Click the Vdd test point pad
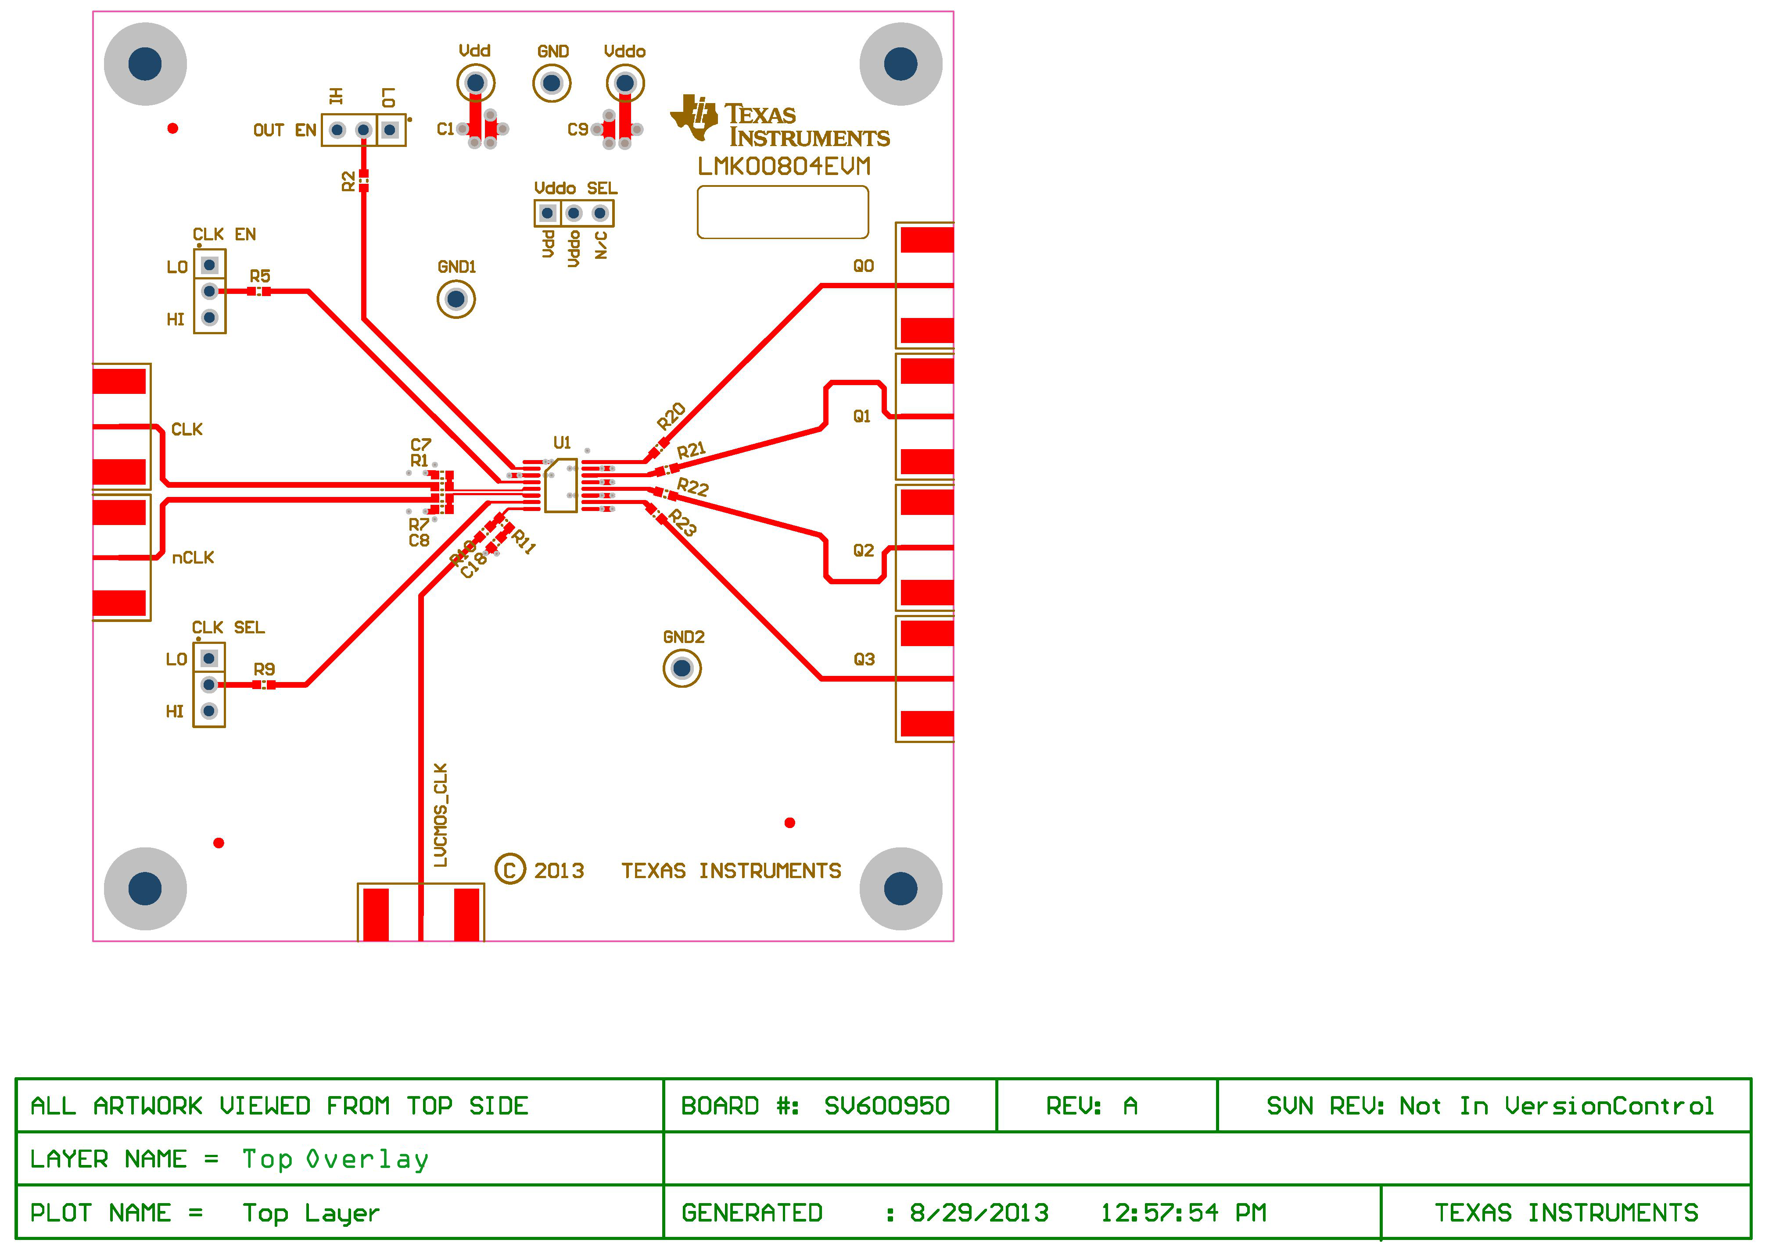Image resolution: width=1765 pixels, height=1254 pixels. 475,82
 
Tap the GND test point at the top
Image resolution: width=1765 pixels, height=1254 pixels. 552,82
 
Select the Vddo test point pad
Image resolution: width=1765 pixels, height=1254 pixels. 625,82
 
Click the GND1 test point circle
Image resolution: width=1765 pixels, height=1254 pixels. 456,299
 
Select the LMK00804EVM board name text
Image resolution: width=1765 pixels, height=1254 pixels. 783,167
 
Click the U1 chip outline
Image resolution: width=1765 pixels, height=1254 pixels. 561,485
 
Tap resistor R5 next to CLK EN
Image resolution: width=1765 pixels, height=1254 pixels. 259,291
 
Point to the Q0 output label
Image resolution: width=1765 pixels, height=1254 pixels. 863,266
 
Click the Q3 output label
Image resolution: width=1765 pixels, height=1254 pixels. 864,659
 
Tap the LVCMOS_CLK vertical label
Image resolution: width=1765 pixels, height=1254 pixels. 440,815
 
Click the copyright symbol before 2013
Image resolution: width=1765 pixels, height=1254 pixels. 510,870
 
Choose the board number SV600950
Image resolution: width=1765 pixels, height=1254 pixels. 886,1106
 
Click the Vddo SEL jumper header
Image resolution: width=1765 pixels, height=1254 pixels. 573,213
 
